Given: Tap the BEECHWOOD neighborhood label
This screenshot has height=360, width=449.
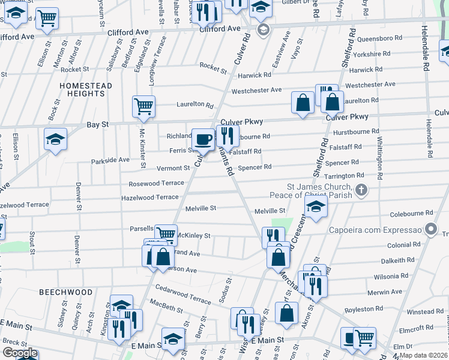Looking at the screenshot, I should click(66, 292).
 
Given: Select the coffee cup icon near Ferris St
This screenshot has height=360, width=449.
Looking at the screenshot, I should click(203, 139).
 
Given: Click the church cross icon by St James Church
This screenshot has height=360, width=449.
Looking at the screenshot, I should click(360, 191).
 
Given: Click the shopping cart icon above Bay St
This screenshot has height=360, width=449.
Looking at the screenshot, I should click(143, 106).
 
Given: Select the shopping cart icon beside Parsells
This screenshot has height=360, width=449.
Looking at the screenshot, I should click(166, 234).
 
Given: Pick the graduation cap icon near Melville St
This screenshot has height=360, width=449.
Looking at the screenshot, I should click(316, 207).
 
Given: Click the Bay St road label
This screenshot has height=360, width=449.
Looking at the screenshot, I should click(97, 125).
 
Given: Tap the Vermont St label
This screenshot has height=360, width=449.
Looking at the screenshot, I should click(169, 169).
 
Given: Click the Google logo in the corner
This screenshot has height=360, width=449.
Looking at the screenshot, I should click(20, 353).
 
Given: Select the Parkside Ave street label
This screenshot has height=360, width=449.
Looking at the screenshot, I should click(110, 160).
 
